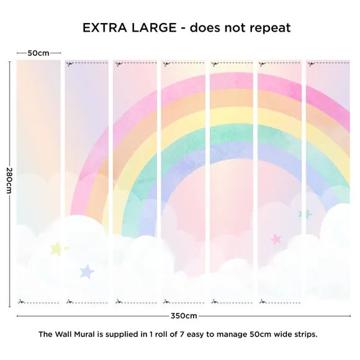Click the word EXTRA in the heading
pyautogui.click(x=104, y=27)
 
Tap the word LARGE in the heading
pyautogui.click(x=154, y=27)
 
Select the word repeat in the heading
pyautogui.click(x=270, y=29)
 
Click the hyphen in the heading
pyautogui.click(x=183, y=29)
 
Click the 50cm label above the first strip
pyautogui.click(x=38, y=53)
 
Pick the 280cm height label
pyautogui.click(x=9, y=181)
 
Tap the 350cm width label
pyautogui.click(x=184, y=316)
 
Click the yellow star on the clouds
pyautogui.click(x=56, y=249)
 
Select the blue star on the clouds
pyautogui.click(x=87, y=272)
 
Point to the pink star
pyautogui.click(x=276, y=239)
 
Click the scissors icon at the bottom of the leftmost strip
pyautogui.click(x=21, y=302)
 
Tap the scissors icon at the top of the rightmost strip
pyautogui.click(x=311, y=64)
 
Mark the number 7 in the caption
pyautogui.click(x=182, y=334)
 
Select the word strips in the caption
pyautogui.click(x=306, y=335)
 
